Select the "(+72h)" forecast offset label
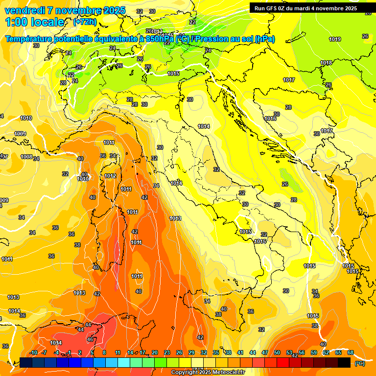tap(85, 22)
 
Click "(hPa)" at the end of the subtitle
tap(265, 39)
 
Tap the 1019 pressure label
tap(335, 39)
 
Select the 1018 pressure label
tap(326, 63)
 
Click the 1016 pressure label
tap(270, 119)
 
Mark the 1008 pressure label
tap(26, 157)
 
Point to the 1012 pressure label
tap(110, 176)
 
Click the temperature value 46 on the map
tap(90, 339)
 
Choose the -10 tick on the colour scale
tap(33, 353)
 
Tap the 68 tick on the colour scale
tap(351, 353)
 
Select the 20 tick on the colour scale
tap(154, 353)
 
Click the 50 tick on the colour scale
tap(277, 353)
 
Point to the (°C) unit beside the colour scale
tap(360, 363)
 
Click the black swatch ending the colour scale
tap(344, 362)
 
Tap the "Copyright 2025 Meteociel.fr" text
tap(207, 372)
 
